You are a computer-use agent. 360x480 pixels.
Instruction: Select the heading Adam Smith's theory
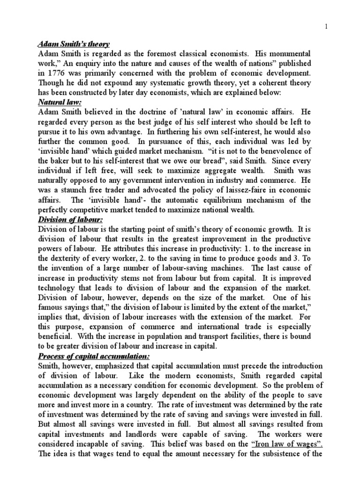pyautogui.click(x=73, y=45)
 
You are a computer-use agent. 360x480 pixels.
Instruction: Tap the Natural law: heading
pyautogui.click(x=57, y=103)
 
